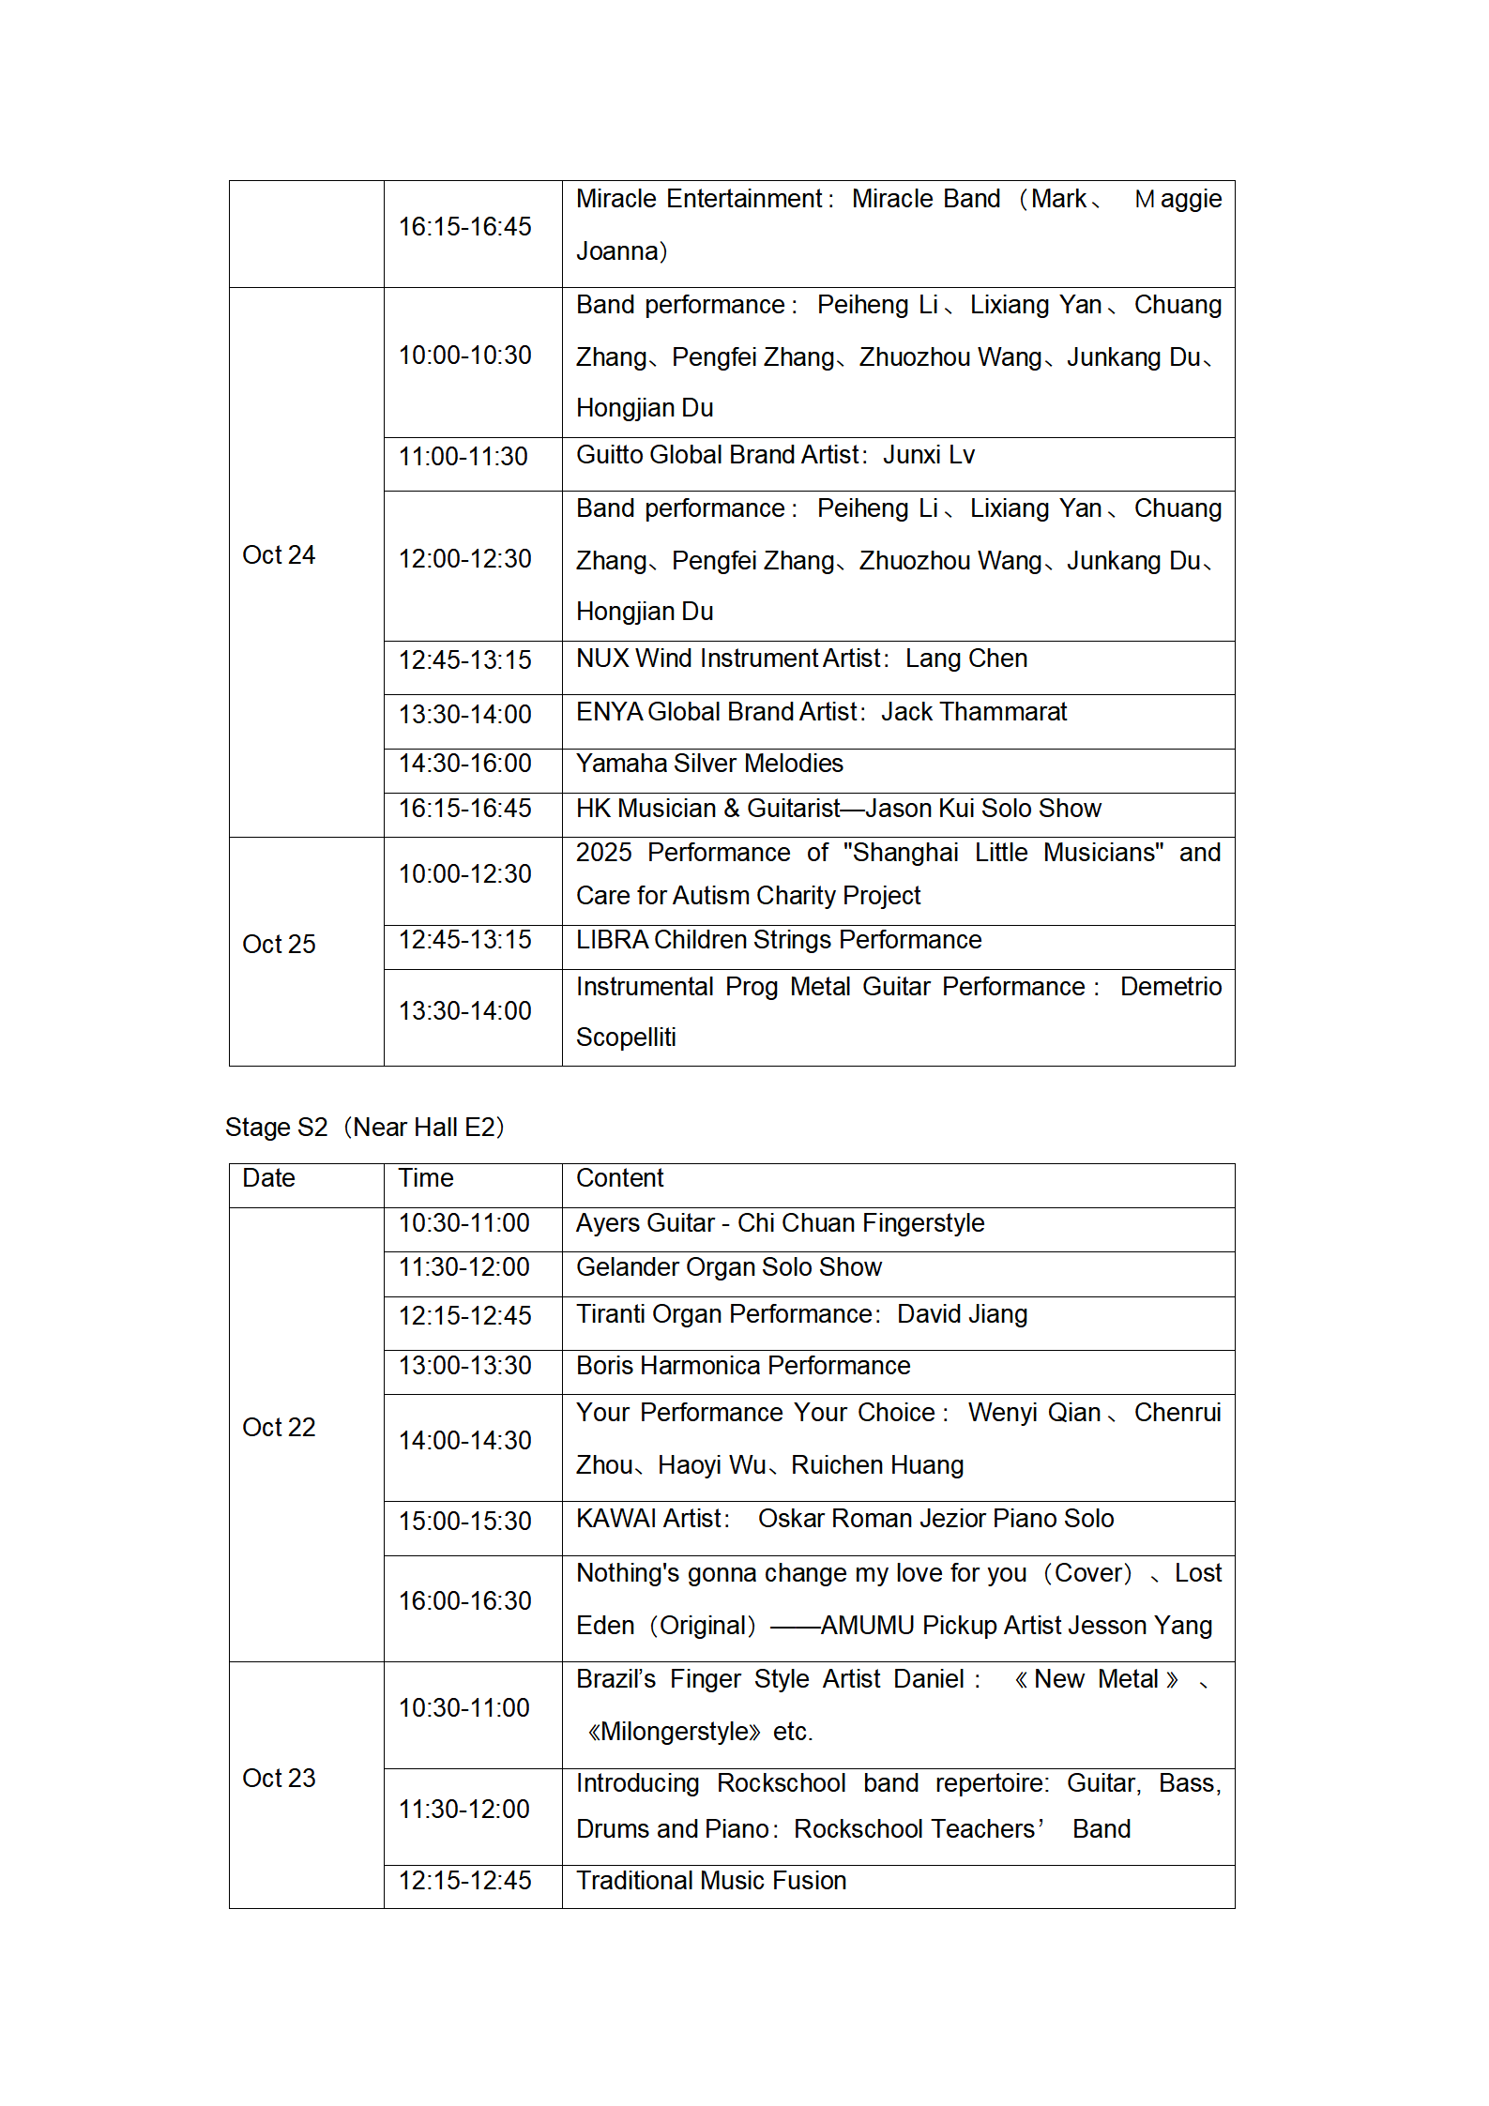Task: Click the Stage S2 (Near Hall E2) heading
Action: [365, 1127]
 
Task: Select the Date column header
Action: [268, 1178]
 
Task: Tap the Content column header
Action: [619, 1178]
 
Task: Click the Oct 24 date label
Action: [279, 555]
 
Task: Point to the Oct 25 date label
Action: [279, 945]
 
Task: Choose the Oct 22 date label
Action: [279, 1428]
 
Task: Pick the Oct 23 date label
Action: [279, 1779]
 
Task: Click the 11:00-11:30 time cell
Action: [463, 457]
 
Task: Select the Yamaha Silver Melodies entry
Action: [709, 764]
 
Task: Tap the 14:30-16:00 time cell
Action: [464, 764]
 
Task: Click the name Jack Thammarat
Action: [974, 712]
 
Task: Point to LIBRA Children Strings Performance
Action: [779, 940]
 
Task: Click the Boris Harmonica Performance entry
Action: [743, 1366]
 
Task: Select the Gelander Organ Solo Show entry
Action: [729, 1267]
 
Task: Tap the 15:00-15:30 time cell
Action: [464, 1522]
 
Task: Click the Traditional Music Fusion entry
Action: [711, 1881]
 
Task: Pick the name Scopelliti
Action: [626, 1038]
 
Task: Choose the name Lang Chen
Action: [966, 659]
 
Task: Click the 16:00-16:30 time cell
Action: [464, 1601]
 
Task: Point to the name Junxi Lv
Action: [929, 455]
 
